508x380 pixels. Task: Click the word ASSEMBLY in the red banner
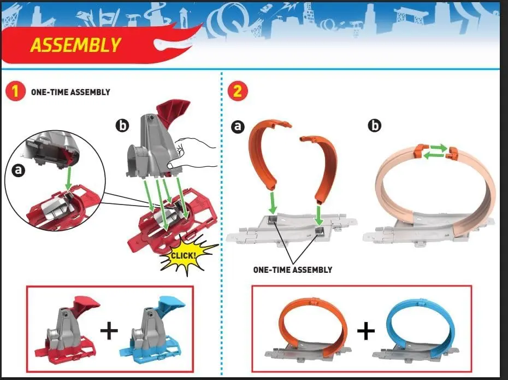coord(75,45)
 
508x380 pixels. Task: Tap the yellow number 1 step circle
coord(15,92)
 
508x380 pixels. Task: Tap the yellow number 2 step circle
coord(238,91)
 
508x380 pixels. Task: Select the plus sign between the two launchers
coord(109,331)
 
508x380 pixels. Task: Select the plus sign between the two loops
coord(366,331)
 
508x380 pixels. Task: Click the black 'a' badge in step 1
coord(19,170)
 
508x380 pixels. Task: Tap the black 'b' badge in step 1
coord(122,125)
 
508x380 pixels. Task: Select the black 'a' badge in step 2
coord(238,126)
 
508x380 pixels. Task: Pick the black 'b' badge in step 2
coord(375,125)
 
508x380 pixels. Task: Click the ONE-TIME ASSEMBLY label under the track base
coord(293,270)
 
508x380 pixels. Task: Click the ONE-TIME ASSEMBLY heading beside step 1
coord(70,92)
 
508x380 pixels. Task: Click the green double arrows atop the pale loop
coord(436,151)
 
